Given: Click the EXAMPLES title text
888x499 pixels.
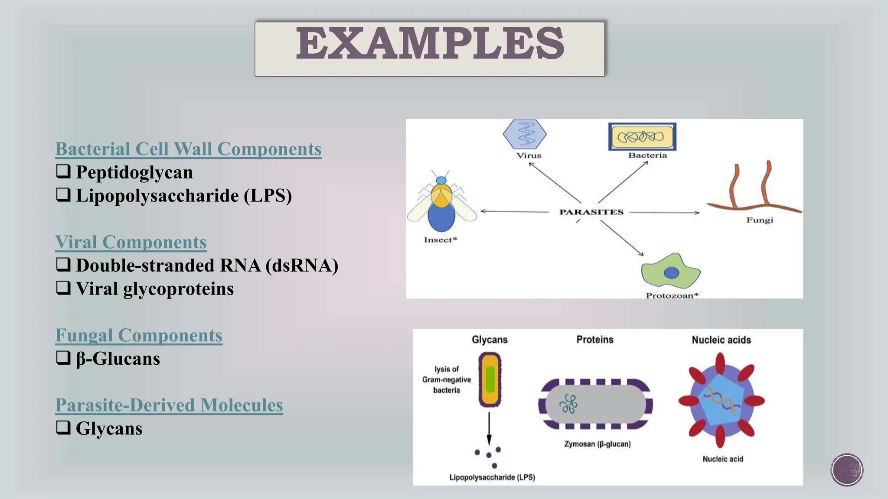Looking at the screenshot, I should pyautogui.click(x=430, y=43).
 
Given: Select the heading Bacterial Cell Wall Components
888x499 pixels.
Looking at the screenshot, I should pyautogui.click(x=188, y=149).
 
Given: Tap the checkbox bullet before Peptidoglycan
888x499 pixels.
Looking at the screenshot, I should pyautogui.click(x=63, y=172).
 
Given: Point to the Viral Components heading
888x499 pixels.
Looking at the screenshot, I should pyautogui.click(x=131, y=242).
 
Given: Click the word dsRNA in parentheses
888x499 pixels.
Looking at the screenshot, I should pyautogui.click(x=302, y=266).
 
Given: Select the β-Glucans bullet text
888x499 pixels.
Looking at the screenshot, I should pyautogui.click(x=118, y=359).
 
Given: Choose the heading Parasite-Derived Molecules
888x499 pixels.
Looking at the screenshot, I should pyautogui.click(x=169, y=405).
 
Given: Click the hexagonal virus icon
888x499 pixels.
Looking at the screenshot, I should pyautogui.click(x=525, y=134).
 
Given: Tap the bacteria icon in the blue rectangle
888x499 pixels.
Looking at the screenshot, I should pyautogui.click(x=641, y=137).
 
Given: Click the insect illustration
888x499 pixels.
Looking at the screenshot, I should pyautogui.click(x=441, y=204).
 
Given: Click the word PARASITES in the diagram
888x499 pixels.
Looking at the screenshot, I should pyautogui.click(x=591, y=212).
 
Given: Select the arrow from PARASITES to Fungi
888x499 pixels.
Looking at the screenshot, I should pyautogui.click(x=663, y=213).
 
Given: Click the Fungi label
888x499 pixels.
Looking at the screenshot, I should pyautogui.click(x=759, y=220).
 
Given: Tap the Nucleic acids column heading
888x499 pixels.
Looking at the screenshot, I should pyautogui.click(x=721, y=340).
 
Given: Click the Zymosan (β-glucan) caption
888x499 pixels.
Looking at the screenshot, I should pyautogui.click(x=597, y=444).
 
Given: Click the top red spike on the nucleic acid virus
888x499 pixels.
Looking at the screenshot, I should pyautogui.click(x=720, y=363).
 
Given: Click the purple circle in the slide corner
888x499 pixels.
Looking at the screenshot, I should pyautogui.click(x=847, y=470).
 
